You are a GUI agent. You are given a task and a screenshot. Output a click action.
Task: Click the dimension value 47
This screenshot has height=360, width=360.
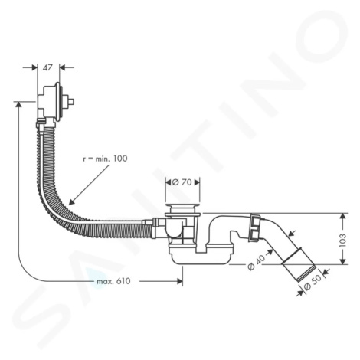coord(47,67)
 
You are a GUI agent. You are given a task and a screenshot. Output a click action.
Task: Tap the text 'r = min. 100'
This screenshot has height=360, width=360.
coord(105,159)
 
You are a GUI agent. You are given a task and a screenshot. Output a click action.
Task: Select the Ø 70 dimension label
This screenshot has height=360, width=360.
coord(182,182)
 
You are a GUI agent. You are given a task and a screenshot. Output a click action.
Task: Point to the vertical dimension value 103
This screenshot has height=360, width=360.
coord(343,240)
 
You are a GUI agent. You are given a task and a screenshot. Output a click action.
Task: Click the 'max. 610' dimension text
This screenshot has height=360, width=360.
coord(113,281)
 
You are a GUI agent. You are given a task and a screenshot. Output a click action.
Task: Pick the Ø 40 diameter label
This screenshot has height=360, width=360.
coord(257,263)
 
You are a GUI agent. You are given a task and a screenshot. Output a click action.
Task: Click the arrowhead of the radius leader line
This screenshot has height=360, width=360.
coord(71,201)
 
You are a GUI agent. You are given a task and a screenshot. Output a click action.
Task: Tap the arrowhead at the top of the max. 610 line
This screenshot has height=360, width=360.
coord(18,104)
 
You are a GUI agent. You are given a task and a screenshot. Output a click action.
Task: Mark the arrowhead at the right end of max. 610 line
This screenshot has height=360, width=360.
coord(180,281)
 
